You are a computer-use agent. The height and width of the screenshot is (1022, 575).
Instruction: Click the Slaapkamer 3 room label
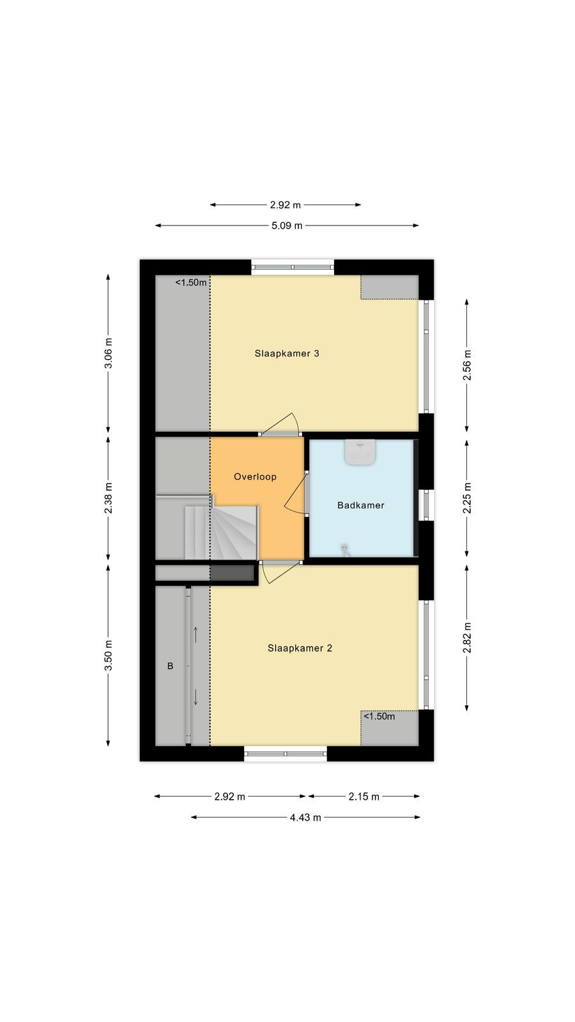click(287, 353)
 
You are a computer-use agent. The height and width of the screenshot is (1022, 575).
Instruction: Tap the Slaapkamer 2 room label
click(300, 648)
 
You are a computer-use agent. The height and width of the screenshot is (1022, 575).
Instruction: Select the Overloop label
click(255, 477)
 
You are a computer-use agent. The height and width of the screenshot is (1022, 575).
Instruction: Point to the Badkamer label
click(360, 505)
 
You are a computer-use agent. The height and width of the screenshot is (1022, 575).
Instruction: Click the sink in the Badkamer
click(360, 452)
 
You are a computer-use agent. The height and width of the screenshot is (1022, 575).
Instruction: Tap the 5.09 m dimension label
click(287, 225)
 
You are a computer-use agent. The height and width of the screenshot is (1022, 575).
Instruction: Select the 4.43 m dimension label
click(305, 817)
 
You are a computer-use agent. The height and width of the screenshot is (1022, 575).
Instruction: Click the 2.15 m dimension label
click(364, 797)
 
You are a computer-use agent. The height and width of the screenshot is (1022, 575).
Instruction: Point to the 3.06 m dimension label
click(108, 353)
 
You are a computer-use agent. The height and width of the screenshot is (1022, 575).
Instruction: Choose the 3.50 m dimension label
click(108, 655)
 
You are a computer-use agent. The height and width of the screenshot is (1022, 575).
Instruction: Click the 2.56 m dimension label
click(467, 365)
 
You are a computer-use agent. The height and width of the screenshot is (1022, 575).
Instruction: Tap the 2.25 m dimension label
click(467, 498)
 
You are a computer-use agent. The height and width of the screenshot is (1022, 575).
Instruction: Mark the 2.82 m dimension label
click(467, 637)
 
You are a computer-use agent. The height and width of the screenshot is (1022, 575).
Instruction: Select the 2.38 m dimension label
click(108, 498)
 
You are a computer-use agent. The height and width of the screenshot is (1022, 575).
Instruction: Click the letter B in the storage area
click(170, 666)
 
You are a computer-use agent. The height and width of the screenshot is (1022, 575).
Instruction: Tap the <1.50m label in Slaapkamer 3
click(191, 282)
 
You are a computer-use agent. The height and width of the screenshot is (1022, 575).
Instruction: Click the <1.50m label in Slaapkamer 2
click(379, 716)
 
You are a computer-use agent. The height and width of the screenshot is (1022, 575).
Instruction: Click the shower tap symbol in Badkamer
click(346, 550)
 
